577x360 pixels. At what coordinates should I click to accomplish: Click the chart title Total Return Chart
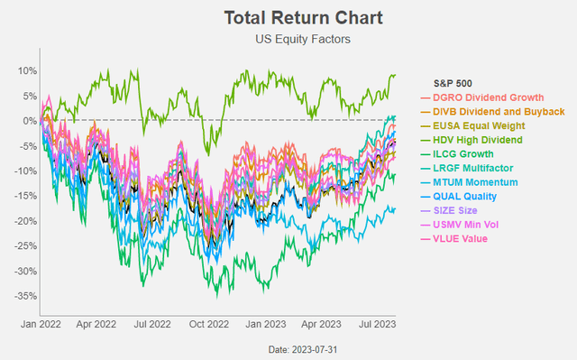click(x=288, y=17)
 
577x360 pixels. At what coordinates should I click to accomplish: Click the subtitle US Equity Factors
click(x=288, y=39)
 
